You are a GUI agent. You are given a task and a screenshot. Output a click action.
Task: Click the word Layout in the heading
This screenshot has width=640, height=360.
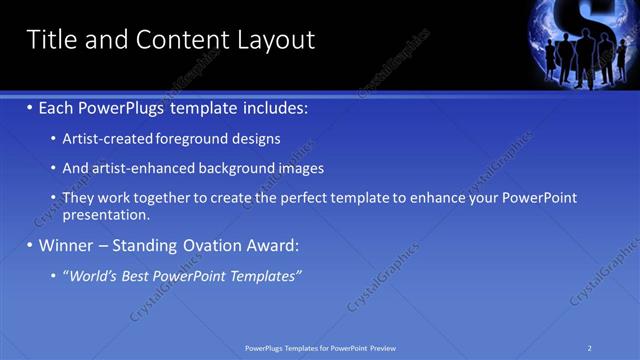pyautogui.click(x=276, y=40)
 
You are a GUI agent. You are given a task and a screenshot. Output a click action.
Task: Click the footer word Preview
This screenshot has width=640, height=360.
pyautogui.click(x=383, y=347)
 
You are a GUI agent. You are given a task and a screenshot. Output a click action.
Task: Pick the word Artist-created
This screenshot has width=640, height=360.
pyautogui.click(x=101, y=139)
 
